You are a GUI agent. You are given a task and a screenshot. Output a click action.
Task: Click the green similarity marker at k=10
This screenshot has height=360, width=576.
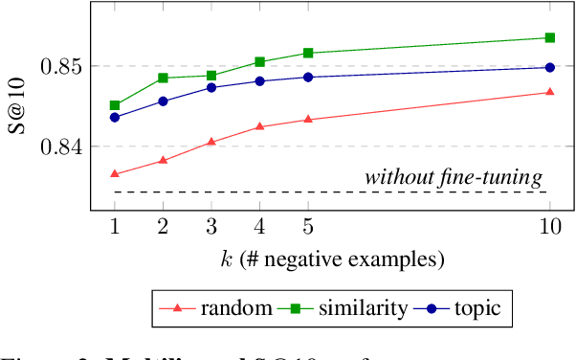tap(549, 37)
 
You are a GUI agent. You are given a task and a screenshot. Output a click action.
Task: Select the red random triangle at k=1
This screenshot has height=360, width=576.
tap(114, 174)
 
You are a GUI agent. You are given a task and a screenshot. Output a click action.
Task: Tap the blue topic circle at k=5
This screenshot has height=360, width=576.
tap(307, 77)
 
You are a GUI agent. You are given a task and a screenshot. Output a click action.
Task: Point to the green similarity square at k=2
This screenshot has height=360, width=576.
tap(163, 78)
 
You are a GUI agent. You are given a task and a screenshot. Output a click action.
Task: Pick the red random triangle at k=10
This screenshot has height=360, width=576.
tap(549, 92)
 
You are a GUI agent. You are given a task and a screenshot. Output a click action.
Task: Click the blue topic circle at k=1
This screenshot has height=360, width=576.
tap(114, 117)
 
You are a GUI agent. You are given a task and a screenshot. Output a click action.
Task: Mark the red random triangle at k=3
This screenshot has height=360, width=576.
tap(210, 142)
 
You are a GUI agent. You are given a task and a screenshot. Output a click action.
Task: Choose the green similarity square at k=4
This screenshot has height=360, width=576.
tap(259, 61)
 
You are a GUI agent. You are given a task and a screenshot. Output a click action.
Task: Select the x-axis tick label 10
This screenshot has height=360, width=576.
tap(549, 227)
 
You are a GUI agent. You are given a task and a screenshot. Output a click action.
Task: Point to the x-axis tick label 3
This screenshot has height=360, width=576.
tap(210, 227)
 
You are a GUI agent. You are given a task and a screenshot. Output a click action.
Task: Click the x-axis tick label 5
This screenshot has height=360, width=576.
tap(307, 227)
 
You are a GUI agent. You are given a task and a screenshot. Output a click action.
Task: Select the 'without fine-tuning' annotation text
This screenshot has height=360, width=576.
tap(454, 177)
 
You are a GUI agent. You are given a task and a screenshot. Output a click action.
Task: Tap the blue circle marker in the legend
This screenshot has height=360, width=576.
tap(432, 308)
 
